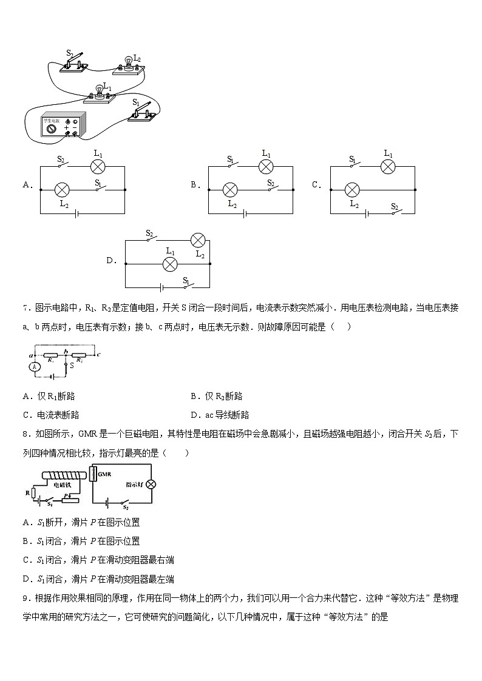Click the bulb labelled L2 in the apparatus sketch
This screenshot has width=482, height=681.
pyautogui.click(x=128, y=62)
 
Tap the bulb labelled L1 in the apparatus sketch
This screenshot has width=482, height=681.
pyautogui.click(x=98, y=92)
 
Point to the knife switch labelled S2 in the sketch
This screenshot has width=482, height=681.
pyautogui.click(x=75, y=61)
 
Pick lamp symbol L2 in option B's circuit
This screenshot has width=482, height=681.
pyautogui.click(x=230, y=190)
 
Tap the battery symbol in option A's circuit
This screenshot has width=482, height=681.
pyautogui.click(x=75, y=213)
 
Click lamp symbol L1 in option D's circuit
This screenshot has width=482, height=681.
pyautogui.click(x=171, y=264)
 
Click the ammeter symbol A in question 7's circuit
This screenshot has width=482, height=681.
pyautogui.click(x=36, y=366)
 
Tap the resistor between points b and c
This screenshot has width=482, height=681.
pyautogui.click(x=80, y=355)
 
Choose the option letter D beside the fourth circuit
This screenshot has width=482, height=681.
pyautogui.click(x=110, y=261)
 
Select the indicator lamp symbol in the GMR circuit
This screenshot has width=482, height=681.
pyautogui.click(x=152, y=484)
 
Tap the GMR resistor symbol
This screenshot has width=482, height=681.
pyautogui.click(x=93, y=474)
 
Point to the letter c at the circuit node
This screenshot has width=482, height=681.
pyautogui.click(x=98, y=354)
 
